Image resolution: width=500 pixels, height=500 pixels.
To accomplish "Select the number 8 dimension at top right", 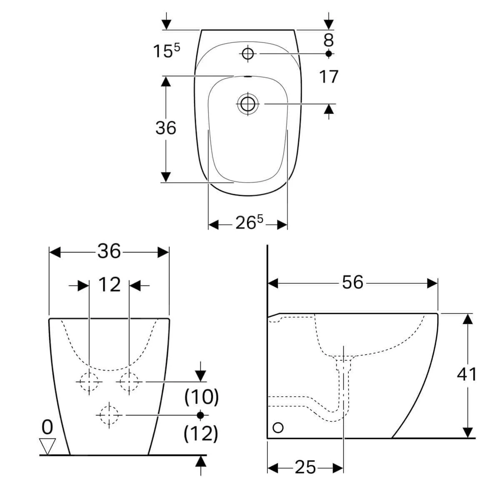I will tap(329, 40).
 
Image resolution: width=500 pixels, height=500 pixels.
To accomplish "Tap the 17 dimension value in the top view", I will tap(329, 77).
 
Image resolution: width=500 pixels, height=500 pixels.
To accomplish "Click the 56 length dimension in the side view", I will tap(352, 282).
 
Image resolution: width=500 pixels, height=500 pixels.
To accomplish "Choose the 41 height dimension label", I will tap(467, 374).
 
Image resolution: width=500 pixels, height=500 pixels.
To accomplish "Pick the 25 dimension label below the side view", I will tap(305, 467).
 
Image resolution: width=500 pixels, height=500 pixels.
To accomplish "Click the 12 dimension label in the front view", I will tap(109, 285).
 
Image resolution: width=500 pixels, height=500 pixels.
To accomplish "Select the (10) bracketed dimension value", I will tap(201, 397).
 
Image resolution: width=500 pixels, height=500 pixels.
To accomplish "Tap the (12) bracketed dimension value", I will tap(201, 434).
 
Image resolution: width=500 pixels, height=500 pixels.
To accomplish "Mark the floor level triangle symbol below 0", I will tap(47, 445).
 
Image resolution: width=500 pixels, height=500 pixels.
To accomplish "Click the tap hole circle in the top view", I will tap(247, 53).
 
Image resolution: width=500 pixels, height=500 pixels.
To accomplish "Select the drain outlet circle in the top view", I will tap(248, 103).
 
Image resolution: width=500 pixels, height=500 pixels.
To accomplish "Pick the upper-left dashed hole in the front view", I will tap(89, 381).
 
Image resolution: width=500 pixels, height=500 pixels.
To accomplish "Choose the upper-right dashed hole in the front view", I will tap(129, 381).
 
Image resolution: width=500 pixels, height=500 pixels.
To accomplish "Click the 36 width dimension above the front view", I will tap(109, 252).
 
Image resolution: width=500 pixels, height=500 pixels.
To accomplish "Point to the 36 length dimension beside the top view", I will tap(166, 128).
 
